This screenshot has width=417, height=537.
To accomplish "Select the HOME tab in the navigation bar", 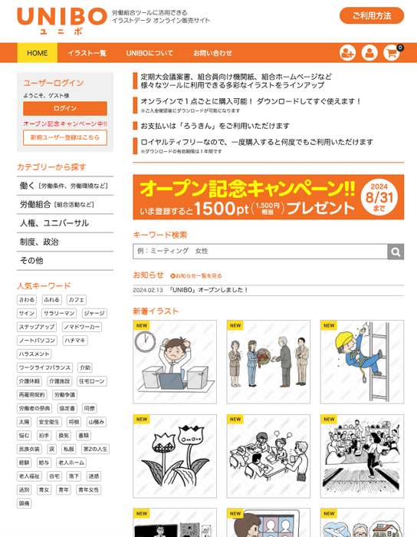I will pyautogui.click(x=38, y=53).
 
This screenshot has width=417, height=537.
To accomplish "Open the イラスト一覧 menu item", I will pyautogui.click(x=87, y=53).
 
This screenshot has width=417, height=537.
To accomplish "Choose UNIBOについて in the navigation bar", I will pyautogui.click(x=149, y=53).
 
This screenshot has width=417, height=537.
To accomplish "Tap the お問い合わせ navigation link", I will pyautogui.click(x=212, y=53).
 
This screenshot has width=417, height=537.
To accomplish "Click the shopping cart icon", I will pyautogui.click(x=392, y=52).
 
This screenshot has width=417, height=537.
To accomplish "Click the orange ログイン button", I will pyautogui.click(x=65, y=109).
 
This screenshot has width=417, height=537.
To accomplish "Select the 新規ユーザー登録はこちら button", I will pyautogui.click(x=65, y=137).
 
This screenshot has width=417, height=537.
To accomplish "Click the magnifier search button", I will pyautogui.click(x=396, y=252).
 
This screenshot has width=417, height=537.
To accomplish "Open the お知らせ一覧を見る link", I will pyautogui.click(x=197, y=275).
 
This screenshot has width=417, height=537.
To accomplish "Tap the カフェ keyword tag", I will pyautogui.click(x=77, y=300).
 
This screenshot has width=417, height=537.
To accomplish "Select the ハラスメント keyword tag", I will pyautogui.click(x=34, y=354).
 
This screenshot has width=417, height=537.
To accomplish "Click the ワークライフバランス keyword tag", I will pyautogui.click(x=45, y=368).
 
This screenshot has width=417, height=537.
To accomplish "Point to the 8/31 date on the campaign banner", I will pyautogui.click(x=379, y=196).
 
